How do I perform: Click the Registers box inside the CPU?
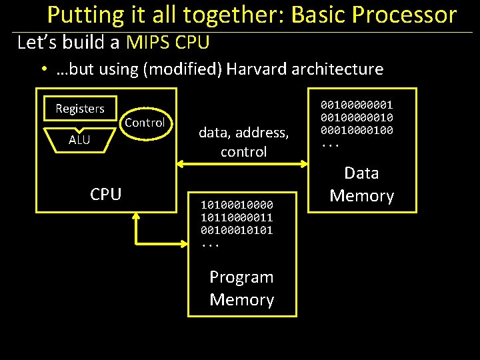click(x=80, y=108)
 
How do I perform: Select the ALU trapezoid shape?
click(x=79, y=139)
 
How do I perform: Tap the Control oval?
click(x=144, y=123)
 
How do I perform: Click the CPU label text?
click(x=106, y=194)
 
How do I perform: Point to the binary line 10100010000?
click(x=237, y=200)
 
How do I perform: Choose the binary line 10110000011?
click(x=237, y=215)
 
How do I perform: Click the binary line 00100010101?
click(x=237, y=230)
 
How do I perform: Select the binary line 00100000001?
click(x=357, y=105)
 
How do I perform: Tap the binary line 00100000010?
click(x=357, y=117)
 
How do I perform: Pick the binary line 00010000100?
click(x=357, y=130)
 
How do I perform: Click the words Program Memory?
click(x=241, y=288)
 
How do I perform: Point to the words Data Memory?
click(x=361, y=185)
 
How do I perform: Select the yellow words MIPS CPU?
click(x=168, y=43)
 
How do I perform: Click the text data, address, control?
click(x=243, y=143)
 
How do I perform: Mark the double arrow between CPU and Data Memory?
click(x=243, y=163)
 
